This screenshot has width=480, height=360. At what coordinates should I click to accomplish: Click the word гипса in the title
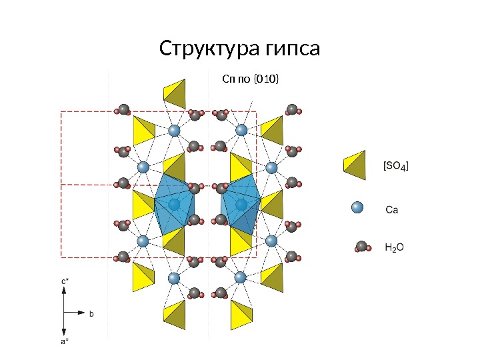pyautogui.click(x=293, y=49)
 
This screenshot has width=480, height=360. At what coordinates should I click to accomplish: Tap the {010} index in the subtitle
pyautogui.click(x=267, y=81)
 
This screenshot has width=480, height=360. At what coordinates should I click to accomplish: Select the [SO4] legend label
pyautogui.click(x=395, y=165)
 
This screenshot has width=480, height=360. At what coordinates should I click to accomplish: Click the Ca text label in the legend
pyautogui.click(x=392, y=209)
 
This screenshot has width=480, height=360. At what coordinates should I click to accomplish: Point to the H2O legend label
pyautogui.click(x=395, y=247)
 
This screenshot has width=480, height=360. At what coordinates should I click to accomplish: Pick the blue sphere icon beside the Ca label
pyautogui.click(x=357, y=209)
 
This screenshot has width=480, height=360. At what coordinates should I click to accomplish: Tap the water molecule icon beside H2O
pyautogui.click(x=362, y=247)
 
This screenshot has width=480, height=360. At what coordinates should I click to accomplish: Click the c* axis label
pyautogui.click(x=65, y=282)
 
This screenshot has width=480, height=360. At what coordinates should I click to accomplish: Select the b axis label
pyautogui.click(x=92, y=312)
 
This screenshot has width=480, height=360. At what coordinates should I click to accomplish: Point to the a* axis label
pyautogui.click(x=65, y=341)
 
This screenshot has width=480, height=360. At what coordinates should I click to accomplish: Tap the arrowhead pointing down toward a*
pyautogui.click(x=64, y=331)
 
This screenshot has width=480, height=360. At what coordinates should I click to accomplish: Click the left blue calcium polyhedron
pyautogui.click(x=174, y=203)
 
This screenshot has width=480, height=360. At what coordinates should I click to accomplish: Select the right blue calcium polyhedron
pyautogui.click(x=241, y=203)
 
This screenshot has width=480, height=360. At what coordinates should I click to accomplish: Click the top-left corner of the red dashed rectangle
pyautogui.click(x=61, y=112)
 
